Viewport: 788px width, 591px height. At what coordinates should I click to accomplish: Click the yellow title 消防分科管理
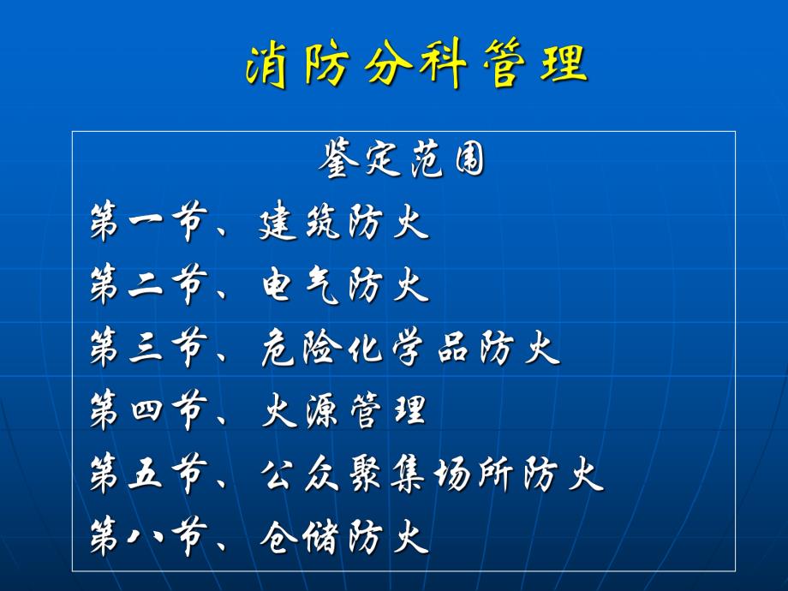(416, 65)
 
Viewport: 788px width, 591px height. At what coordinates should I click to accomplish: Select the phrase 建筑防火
(343, 224)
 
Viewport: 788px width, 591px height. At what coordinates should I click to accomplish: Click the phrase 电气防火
(343, 287)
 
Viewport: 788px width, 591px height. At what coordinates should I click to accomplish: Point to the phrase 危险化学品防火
(409, 349)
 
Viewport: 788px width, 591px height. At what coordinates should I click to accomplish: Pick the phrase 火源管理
(343, 413)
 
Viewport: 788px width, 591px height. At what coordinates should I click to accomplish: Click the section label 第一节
(149, 224)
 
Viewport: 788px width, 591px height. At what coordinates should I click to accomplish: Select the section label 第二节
(149, 287)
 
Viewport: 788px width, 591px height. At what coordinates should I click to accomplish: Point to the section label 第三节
(149, 349)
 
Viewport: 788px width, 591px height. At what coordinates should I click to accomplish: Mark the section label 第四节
(149, 413)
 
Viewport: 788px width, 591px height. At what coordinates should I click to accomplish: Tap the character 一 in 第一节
(149, 224)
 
